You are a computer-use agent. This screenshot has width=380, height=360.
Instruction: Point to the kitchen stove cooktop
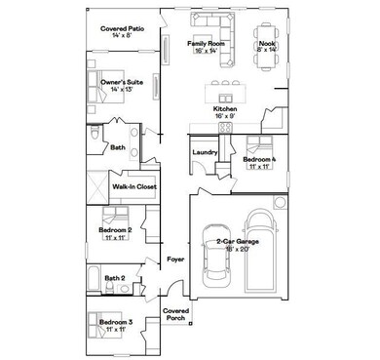tap(225, 126)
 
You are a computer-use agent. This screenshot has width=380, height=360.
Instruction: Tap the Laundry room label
tap(205, 152)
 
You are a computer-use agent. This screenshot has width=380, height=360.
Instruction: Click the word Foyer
tap(175, 260)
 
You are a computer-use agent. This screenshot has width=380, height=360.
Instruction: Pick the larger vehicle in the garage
tap(260, 252)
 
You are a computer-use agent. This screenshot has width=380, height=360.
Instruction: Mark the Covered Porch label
tap(175, 314)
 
